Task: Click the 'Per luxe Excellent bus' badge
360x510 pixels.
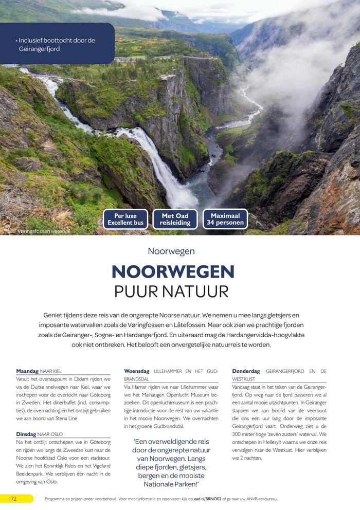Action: point(125,219)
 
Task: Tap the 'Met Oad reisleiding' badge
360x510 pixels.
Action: point(175,219)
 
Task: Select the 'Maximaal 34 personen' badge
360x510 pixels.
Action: point(225,219)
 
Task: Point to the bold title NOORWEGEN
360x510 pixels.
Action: point(173,271)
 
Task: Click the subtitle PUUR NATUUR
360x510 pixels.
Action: point(171,292)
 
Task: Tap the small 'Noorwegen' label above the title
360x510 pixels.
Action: point(171,251)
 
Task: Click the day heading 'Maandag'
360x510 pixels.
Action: point(27,371)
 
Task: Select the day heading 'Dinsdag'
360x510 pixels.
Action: point(26,434)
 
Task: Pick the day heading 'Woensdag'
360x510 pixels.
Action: point(137,371)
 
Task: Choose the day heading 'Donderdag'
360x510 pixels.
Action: point(246,371)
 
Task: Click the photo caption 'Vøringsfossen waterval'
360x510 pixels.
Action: point(44,231)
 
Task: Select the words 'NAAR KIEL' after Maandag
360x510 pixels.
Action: point(51,371)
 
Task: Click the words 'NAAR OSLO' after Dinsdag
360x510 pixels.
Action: point(50,434)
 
